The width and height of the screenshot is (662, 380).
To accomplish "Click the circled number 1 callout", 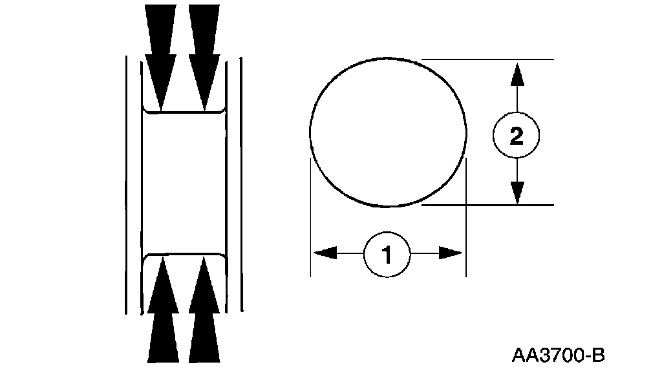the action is pos(387,255).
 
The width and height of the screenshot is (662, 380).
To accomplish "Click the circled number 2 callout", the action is pos(516,136).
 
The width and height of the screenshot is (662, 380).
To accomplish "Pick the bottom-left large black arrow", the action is pos(162,310).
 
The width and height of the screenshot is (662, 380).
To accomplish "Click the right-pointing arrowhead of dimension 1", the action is pos(451,253).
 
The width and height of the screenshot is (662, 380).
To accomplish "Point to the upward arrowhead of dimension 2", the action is pos(516,74).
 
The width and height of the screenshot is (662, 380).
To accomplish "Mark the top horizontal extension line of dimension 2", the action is pos(488,59).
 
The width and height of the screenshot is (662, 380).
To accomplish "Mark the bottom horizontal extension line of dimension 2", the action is pos(488,205).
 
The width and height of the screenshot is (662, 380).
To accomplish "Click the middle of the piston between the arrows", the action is pos(184,183).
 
